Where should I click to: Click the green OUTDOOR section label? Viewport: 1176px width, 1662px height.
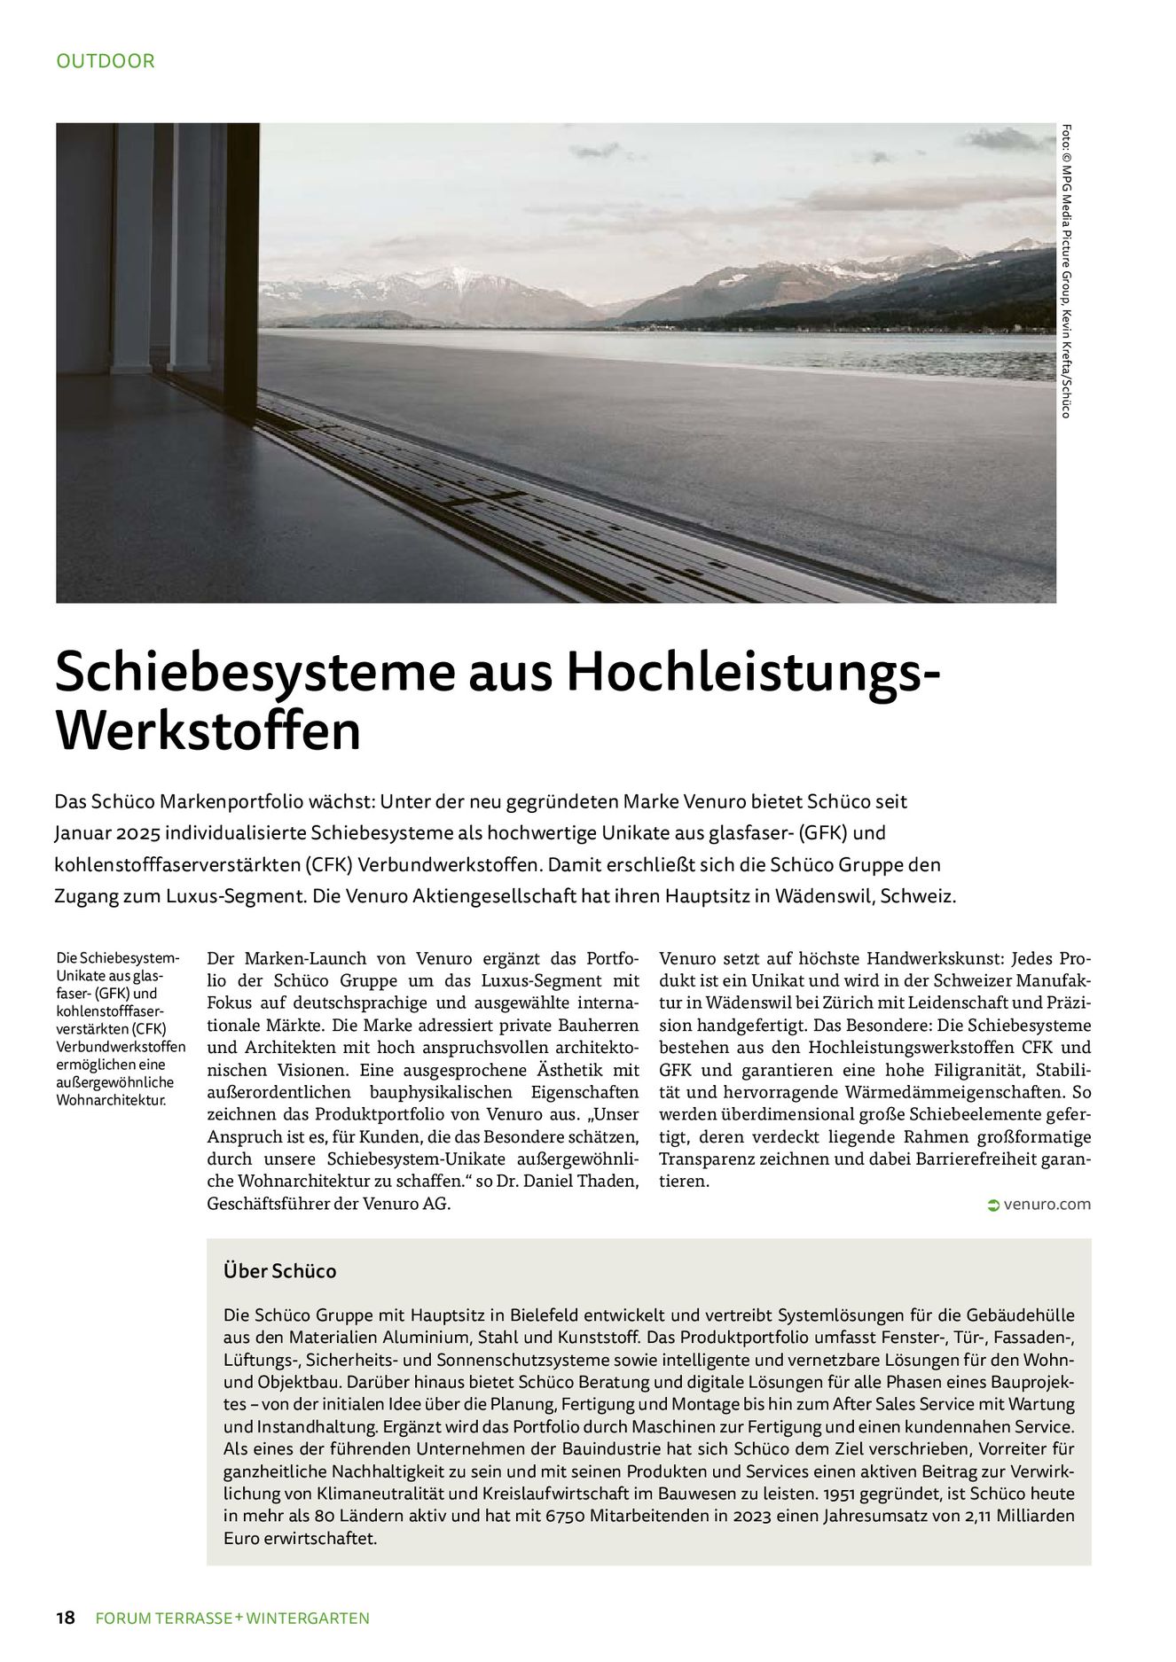pyautogui.click(x=105, y=61)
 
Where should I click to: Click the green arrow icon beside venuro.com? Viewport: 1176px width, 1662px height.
pyautogui.click(x=992, y=1205)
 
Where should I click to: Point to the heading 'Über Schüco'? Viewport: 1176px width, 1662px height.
pyautogui.click(x=280, y=1271)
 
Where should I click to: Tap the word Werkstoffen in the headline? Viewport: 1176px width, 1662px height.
pyautogui.click(x=208, y=731)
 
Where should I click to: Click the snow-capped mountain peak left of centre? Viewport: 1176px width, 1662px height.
pyautogui.click(x=454, y=279)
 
